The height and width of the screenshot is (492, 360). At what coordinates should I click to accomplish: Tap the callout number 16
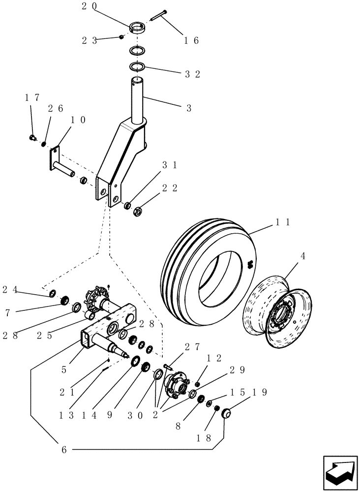[191, 41]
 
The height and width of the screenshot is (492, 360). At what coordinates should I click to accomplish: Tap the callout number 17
[31, 98]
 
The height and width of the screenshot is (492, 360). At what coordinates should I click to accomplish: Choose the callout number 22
[171, 188]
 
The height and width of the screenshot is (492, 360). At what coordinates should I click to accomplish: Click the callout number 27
[192, 346]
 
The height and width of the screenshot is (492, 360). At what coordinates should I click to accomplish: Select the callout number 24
[9, 290]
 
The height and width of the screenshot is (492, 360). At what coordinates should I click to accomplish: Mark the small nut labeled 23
[121, 37]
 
